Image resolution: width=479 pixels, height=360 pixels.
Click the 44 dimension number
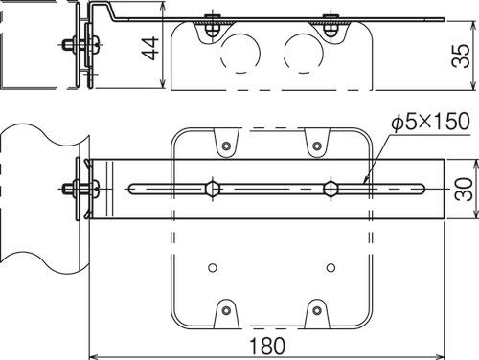(150, 48)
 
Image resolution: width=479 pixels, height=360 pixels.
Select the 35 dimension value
(461, 56)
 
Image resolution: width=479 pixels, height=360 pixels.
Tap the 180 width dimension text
(267, 346)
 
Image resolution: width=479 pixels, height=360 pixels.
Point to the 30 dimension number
(464, 190)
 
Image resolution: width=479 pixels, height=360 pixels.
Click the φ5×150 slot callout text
(431, 122)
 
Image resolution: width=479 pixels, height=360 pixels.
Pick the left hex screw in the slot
(213, 189)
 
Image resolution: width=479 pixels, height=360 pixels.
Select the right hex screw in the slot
(331, 189)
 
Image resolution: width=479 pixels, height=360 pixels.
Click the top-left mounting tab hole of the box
(226, 146)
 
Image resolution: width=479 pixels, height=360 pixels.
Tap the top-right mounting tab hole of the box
(317, 146)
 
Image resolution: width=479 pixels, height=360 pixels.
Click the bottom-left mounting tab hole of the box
(226, 310)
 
